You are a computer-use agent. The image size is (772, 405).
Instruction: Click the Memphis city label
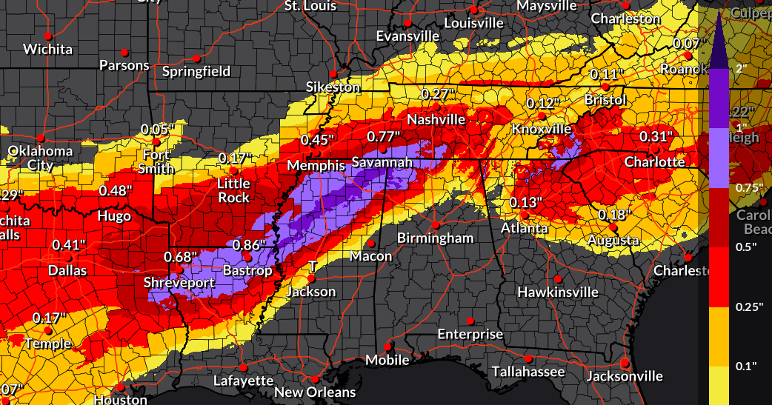click(316, 165)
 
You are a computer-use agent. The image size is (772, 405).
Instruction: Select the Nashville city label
click(436, 119)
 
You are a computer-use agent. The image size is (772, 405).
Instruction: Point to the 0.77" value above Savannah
click(384, 136)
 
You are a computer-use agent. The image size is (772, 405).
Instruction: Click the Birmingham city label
click(435, 238)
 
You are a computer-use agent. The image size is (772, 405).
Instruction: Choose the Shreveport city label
click(179, 282)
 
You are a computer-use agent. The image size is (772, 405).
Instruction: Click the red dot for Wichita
click(48, 36)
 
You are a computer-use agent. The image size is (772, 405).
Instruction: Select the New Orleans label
click(315, 392)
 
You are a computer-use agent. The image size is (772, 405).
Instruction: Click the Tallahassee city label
click(528, 371)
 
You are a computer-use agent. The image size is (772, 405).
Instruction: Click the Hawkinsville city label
click(558, 292)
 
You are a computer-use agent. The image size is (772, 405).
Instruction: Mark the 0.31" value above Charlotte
click(656, 136)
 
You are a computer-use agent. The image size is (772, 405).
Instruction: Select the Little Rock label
click(233, 190)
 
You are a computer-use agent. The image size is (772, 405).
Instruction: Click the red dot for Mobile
click(387, 347)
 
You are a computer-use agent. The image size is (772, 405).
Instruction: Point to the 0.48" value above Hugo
click(115, 190)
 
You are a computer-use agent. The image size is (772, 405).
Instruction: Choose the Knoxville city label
click(542, 129)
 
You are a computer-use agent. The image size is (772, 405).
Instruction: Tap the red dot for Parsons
click(124, 52)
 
